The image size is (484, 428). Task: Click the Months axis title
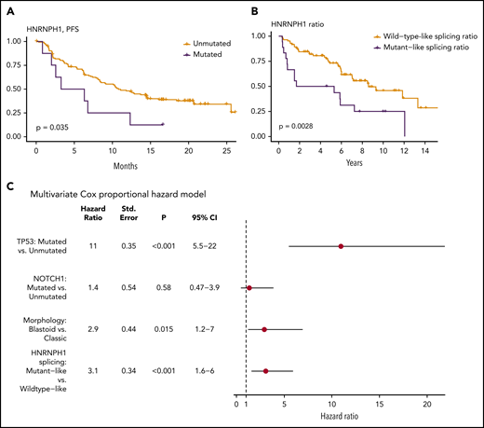click(124, 169)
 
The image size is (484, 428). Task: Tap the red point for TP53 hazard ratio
click(342, 246)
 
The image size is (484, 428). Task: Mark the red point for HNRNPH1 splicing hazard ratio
click(266, 371)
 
